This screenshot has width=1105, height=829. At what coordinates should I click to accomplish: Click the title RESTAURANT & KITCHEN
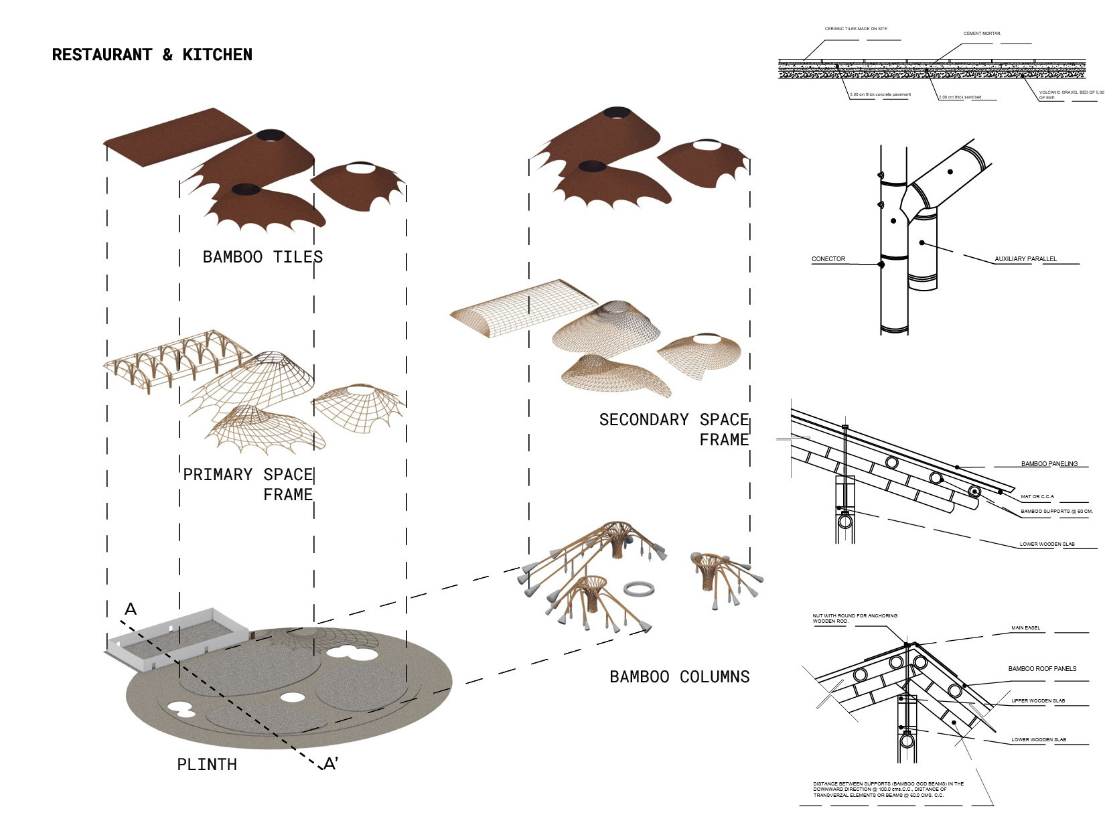(x=152, y=55)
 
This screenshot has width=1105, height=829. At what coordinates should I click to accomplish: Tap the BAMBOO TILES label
(x=263, y=257)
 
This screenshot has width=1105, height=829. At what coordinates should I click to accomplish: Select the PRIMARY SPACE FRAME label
(x=248, y=484)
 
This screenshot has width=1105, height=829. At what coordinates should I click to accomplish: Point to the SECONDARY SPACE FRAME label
(x=674, y=429)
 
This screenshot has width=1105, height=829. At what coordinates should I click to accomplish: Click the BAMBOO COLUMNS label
(x=679, y=676)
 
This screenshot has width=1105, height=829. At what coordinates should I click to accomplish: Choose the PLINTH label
(x=207, y=764)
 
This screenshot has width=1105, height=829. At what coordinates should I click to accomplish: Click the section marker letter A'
(x=331, y=763)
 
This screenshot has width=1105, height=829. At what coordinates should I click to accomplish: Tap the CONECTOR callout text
(x=828, y=259)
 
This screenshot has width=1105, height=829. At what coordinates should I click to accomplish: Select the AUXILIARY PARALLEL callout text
(x=1025, y=259)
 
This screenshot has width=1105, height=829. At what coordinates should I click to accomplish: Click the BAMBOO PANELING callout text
(x=1049, y=463)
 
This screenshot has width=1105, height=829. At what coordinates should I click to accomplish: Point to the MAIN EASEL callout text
(x=1025, y=628)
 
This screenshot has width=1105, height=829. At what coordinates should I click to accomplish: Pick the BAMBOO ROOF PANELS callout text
(x=1042, y=668)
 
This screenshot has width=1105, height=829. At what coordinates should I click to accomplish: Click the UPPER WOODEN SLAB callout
(x=1038, y=701)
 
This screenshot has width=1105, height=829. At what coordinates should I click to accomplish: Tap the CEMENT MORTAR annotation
(x=982, y=33)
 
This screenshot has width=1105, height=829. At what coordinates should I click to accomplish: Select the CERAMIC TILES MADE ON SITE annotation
(x=856, y=29)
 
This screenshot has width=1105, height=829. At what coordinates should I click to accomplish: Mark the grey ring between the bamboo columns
(x=639, y=589)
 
